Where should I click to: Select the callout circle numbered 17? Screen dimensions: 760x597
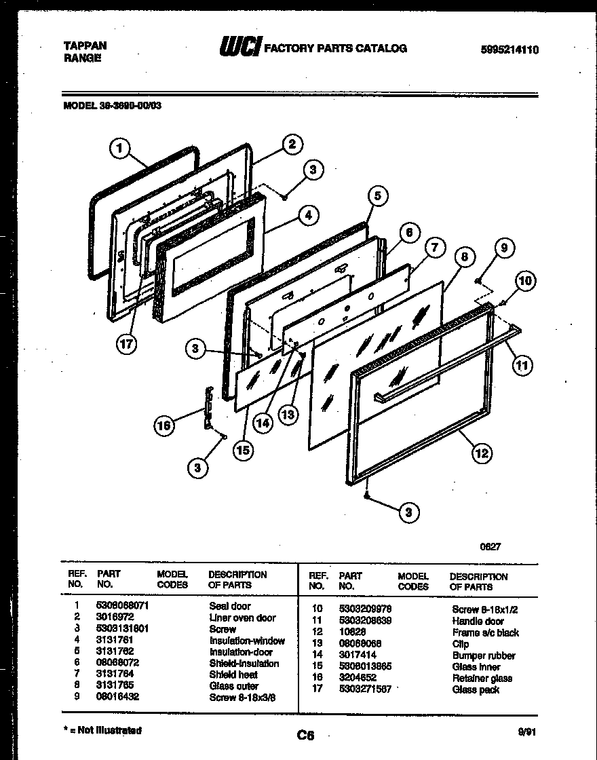(126, 344)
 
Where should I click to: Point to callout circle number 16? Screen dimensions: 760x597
(164, 425)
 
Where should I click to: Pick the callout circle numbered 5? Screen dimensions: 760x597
(379, 197)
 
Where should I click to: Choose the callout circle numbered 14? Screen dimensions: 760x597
(263, 421)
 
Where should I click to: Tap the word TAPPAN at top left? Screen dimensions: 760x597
(85, 46)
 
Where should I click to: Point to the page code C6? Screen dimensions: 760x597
(305, 734)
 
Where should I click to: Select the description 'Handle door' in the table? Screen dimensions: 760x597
(478, 622)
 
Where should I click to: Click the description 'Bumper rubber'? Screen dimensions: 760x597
(483, 656)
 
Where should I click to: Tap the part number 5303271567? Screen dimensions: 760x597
(365, 690)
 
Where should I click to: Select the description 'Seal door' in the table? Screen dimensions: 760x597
(229, 607)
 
